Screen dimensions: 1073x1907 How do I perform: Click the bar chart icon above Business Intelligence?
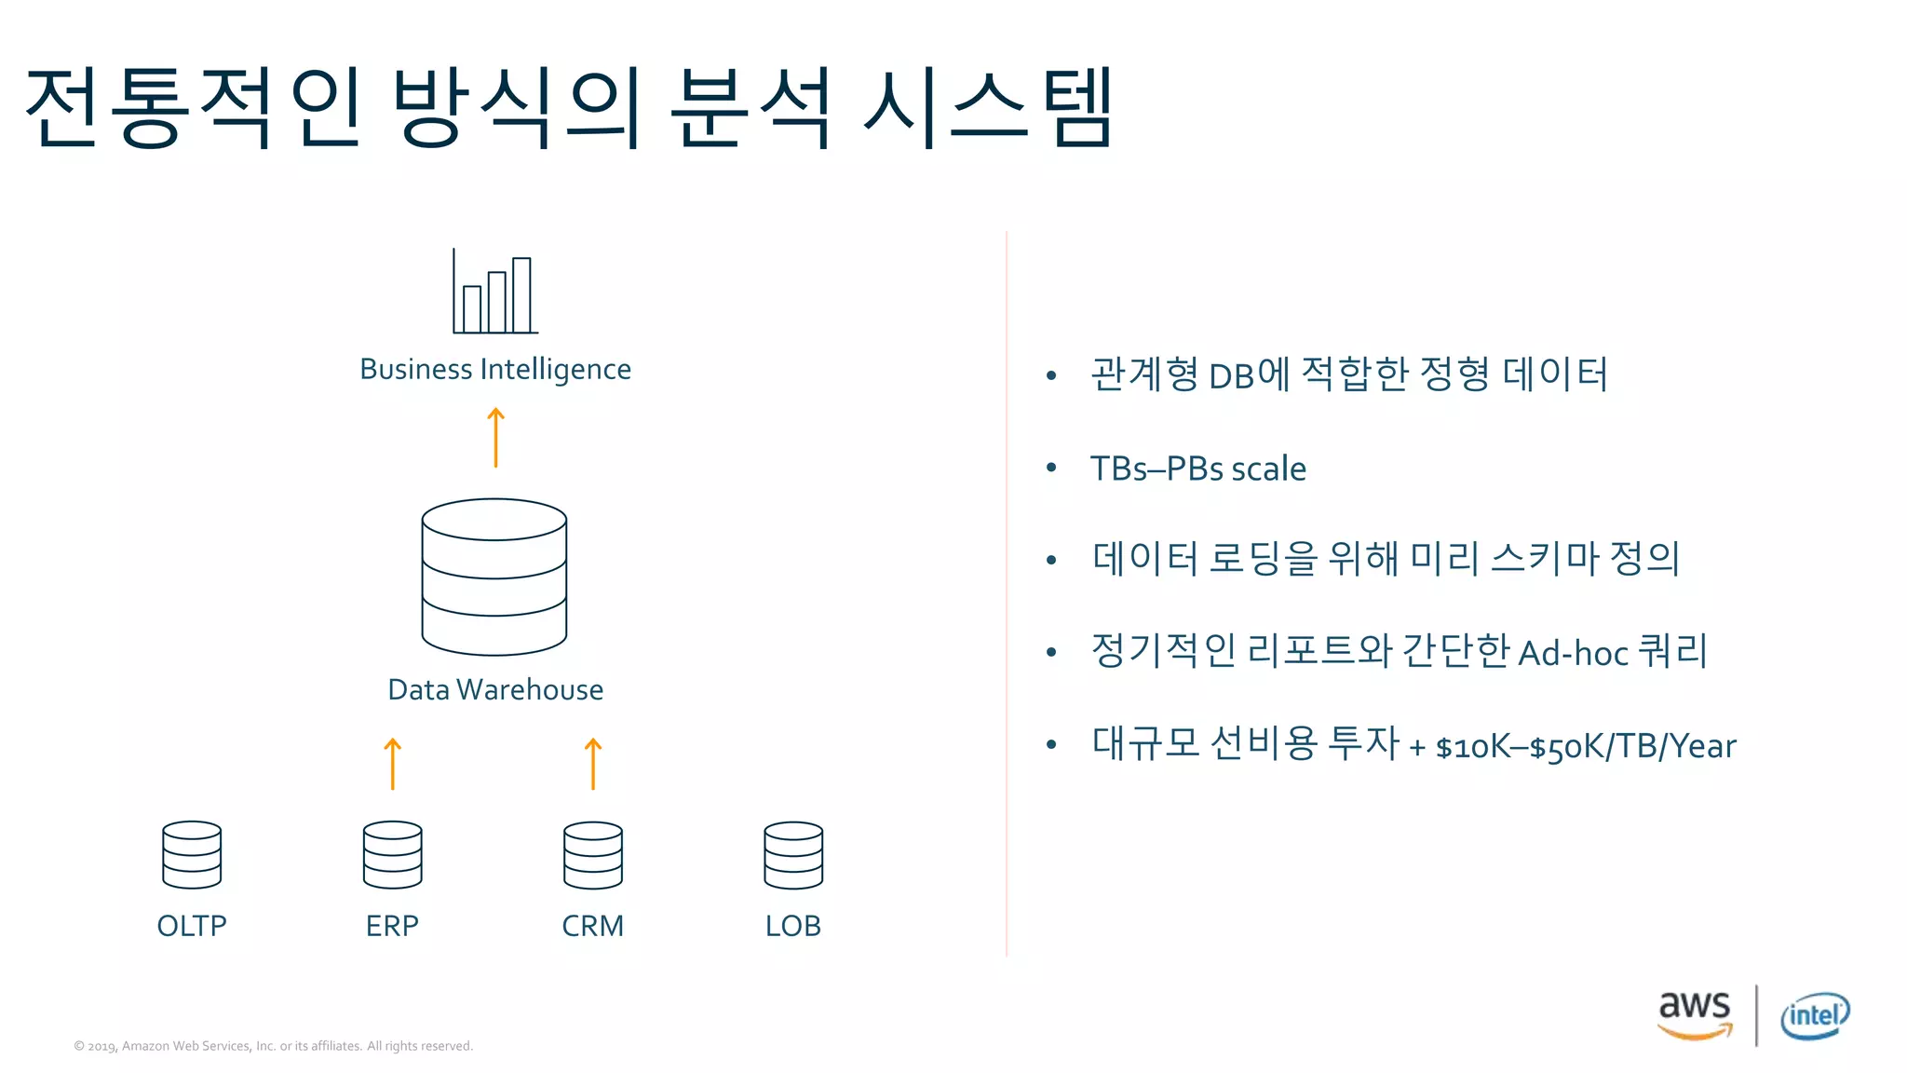pyautogui.click(x=495, y=292)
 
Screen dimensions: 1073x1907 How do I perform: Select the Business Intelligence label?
pyautogui.click(x=495, y=370)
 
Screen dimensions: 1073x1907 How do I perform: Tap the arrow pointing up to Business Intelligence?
pyautogui.click(x=495, y=437)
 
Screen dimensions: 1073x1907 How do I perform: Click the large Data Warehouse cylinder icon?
pyautogui.click(x=494, y=577)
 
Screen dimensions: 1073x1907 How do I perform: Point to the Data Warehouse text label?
pyautogui.click(x=495, y=690)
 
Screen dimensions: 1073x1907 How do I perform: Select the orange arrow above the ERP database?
pyautogui.click(x=393, y=764)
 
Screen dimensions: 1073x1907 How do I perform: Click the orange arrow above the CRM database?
pyautogui.click(x=593, y=764)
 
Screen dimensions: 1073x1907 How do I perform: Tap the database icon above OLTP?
pyautogui.click(x=192, y=855)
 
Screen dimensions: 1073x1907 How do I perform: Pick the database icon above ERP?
pyautogui.click(x=393, y=855)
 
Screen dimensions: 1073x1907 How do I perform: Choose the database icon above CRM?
pyautogui.click(x=593, y=855)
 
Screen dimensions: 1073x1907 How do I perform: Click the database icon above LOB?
pyautogui.click(x=793, y=855)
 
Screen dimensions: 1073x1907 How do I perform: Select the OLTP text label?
pyautogui.click(x=192, y=926)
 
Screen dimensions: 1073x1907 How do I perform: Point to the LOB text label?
pyautogui.click(x=793, y=926)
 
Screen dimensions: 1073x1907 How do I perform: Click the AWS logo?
pyautogui.click(x=1695, y=1013)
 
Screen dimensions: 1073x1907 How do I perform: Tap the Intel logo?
pyautogui.click(x=1815, y=1015)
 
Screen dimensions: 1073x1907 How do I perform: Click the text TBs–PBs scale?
pyautogui.click(x=1198, y=469)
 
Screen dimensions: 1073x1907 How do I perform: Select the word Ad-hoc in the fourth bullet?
pyautogui.click(x=1573, y=654)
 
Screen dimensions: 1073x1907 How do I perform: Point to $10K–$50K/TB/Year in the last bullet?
pyautogui.click(x=1586, y=747)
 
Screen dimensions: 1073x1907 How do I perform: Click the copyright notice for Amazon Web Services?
pyautogui.click(x=274, y=1046)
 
